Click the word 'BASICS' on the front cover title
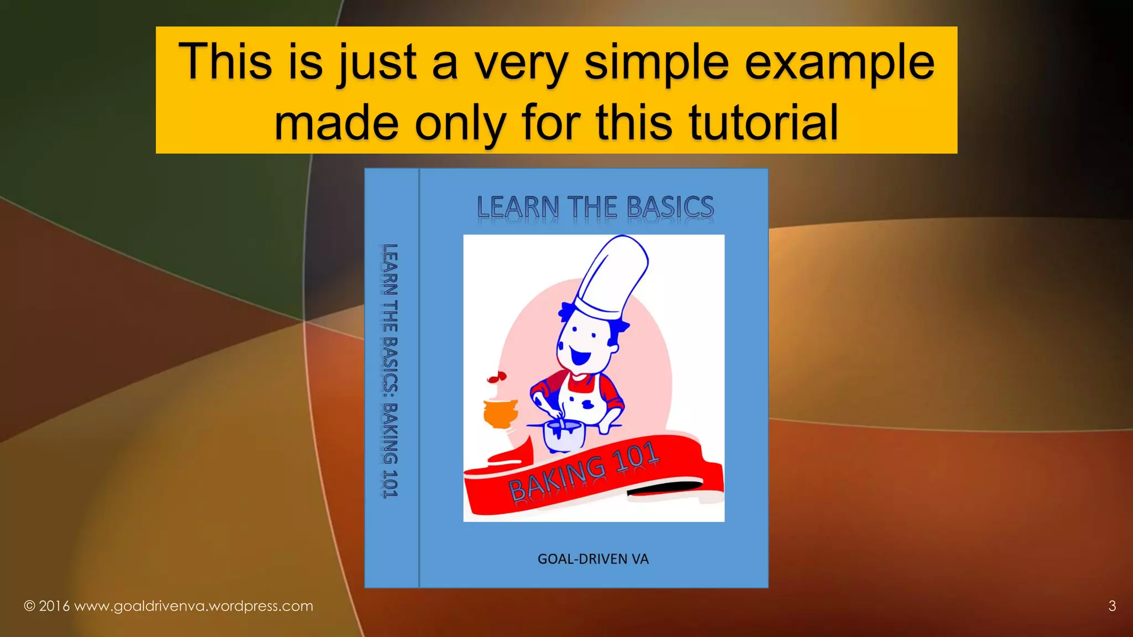(x=670, y=207)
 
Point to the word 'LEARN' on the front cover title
(x=518, y=207)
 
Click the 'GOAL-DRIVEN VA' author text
(x=593, y=559)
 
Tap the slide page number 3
(x=1112, y=606)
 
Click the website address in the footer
(x=194, y=606)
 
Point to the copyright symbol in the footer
(x=29, y=606)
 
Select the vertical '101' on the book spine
(x=391, y=484)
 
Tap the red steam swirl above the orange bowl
(x=497, y=378)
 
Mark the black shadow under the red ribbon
(x=664, y=488)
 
